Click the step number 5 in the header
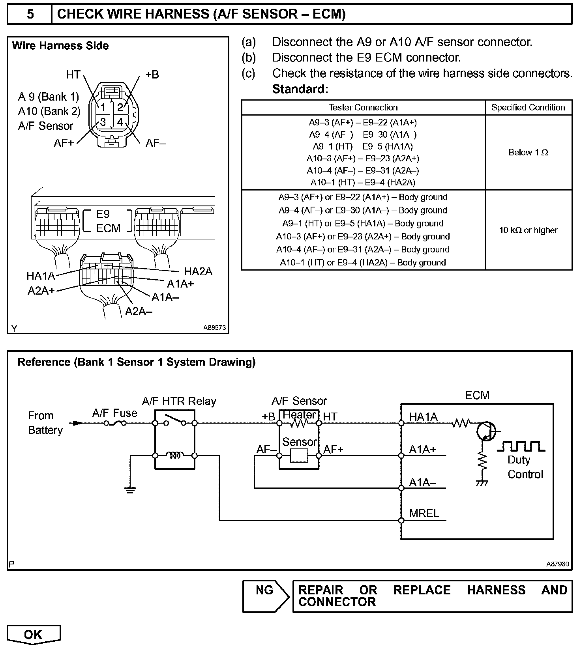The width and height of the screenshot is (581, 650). (x=30, y=14)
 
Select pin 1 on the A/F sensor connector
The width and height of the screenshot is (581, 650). (x=103, y=107)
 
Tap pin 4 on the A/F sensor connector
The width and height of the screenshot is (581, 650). (x=120, y=122)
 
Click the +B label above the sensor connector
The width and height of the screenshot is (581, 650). (x=152, y=75)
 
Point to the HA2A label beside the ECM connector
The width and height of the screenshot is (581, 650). (x=198, y=271)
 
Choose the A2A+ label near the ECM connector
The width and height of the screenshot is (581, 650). (x=41, y=291)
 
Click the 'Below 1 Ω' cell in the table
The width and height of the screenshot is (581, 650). (x=528, y=153)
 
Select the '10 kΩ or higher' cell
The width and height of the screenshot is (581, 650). (x=528, y=230)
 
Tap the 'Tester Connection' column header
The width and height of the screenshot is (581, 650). (x=363, y=108)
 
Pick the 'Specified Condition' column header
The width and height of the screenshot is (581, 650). (x=528, y=108)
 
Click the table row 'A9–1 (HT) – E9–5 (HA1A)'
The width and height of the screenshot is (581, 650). (x=363, y=146)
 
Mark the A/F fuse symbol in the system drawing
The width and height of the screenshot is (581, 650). (x=115, y=423)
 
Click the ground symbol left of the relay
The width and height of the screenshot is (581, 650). (x=130, y=490)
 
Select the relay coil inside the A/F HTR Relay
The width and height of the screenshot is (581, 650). (x=174, y=456)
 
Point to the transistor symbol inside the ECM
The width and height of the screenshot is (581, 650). (x=485, y=431)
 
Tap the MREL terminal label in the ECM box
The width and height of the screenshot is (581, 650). (x=424, y=513)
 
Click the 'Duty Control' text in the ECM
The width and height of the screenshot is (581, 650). (x=525, y=467)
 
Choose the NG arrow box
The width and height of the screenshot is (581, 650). (x=265, y=596)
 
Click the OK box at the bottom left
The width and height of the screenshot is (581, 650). (x=34, y=635)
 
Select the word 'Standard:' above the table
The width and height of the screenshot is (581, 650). (x=300, y=89)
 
